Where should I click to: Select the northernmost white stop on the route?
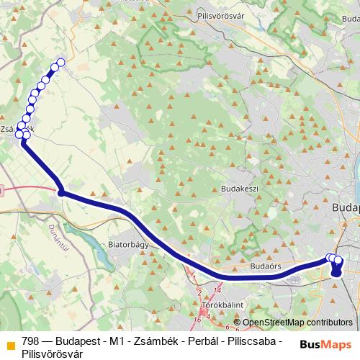click(60, 63)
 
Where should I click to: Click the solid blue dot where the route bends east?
click(62, 192)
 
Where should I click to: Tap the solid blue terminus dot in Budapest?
click(336, 271)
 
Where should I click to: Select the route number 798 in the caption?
click(31, 341)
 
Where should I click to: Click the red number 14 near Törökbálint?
click(217, 289)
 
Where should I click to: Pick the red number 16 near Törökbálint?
click(197, 318)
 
